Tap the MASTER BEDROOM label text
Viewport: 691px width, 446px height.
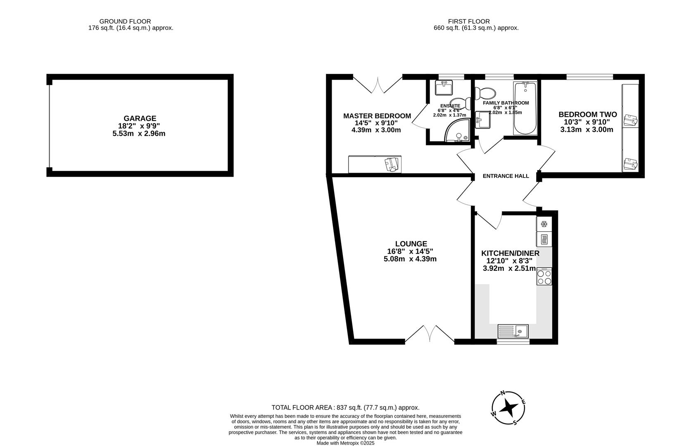pyautogui.click(x=377, y=116)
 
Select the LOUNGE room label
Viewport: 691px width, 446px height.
pyautogui.click(x=411, y=244)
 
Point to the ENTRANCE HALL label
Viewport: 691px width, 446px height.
pyautogui.click(x=506, y=176)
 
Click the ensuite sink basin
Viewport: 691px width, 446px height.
pyautogui.click(x=444, y=88)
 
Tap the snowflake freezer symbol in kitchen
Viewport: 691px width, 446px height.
pyautogui.click(x=544, y=224)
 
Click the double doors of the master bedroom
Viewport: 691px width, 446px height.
pyautogui.click(x=378, y=85)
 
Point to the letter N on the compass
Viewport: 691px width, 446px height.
pyautogui.click(x=503, y=393)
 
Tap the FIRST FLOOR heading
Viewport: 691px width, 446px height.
pyautogui.click(x=469, y=21)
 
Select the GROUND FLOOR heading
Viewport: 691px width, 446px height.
pyautogui.click(x=125, y=21)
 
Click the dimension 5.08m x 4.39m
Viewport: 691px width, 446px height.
pyautogui.click(x=410, y=259)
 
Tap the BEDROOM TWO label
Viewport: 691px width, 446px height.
pyautogui.click(x=587, y=114)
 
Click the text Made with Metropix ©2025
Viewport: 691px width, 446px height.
pyautogui.click(x=345, y=443)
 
